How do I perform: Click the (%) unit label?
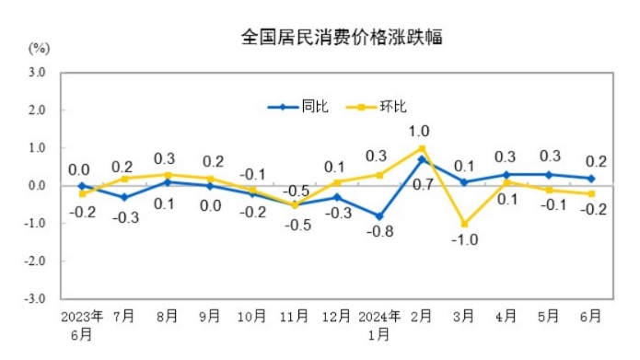[x=39, y=47]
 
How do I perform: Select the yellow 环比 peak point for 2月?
[x=422, y=148]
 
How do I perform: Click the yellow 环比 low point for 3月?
[x=464, y=224]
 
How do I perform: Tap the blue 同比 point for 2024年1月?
[x=378, y=216]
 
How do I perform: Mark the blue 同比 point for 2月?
[x=422, y=159]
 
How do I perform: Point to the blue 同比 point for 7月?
[x=123, y=197]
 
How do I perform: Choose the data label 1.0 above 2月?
[x=420, y=131]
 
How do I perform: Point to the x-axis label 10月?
[x=251, y=316]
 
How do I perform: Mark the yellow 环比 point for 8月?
[x=167, y=175]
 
